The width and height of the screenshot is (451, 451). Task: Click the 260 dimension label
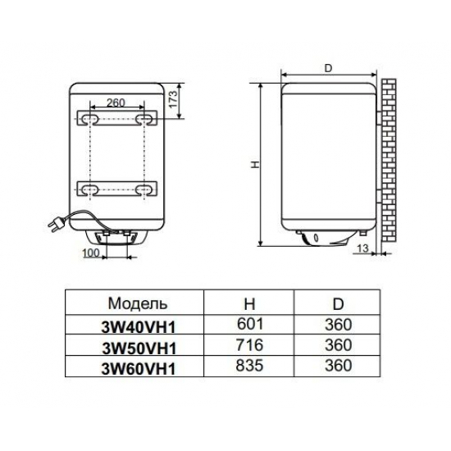tap(116, 102)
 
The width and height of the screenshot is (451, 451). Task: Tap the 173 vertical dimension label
tap(173, 99)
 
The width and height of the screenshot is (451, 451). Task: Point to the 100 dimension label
tap(91, 253)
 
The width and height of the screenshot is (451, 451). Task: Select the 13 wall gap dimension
tap(362, 248)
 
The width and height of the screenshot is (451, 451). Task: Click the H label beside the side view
tap(255, 164)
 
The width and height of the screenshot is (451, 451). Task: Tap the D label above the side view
tap(328, 68)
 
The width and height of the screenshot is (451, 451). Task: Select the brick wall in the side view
tap(389, 161)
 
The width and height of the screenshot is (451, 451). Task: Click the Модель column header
tap(138, 303)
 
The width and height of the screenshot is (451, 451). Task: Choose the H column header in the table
tap(249, 303)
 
